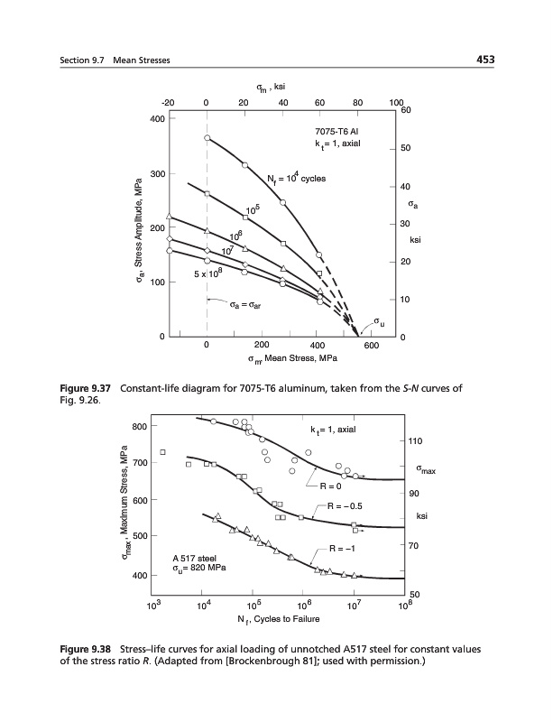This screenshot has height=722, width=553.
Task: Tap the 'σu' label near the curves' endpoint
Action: [x=379, y=319]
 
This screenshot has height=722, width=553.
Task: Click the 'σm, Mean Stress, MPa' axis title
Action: [x=291, y=359]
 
